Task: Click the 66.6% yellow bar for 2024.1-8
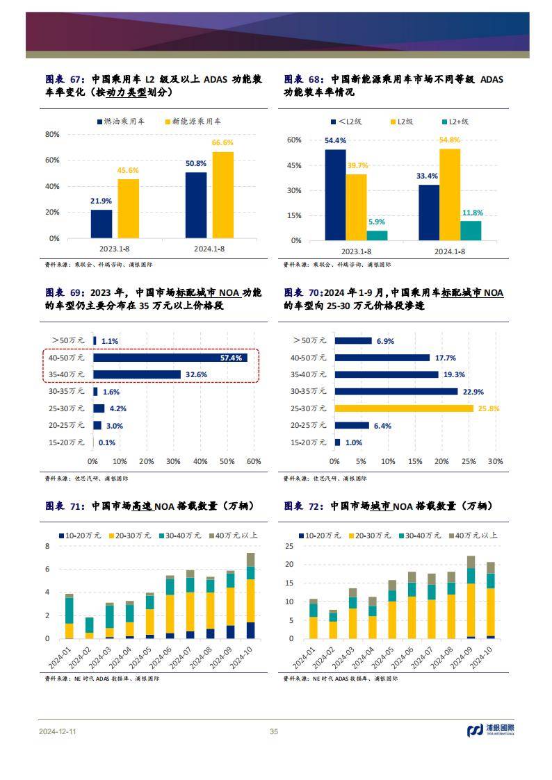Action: pos(223,195)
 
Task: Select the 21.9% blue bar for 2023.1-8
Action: pos(102,224)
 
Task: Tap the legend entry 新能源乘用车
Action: pos(193,122)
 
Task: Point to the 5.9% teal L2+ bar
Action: pos(377,235)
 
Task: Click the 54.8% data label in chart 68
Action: pos(450,140)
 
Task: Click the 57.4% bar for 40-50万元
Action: pos(170,358)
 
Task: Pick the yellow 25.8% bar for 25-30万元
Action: pos(404,408)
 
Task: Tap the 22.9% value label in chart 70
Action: pos(472,392)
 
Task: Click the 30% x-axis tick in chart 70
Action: pos(495,461)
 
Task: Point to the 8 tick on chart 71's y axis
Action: pos(47,546)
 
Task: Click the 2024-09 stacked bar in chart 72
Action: pos(471,597)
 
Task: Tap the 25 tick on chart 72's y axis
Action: pos(289,546)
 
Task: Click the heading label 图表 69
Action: pos(64,293)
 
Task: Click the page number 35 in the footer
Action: pos(274,731)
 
